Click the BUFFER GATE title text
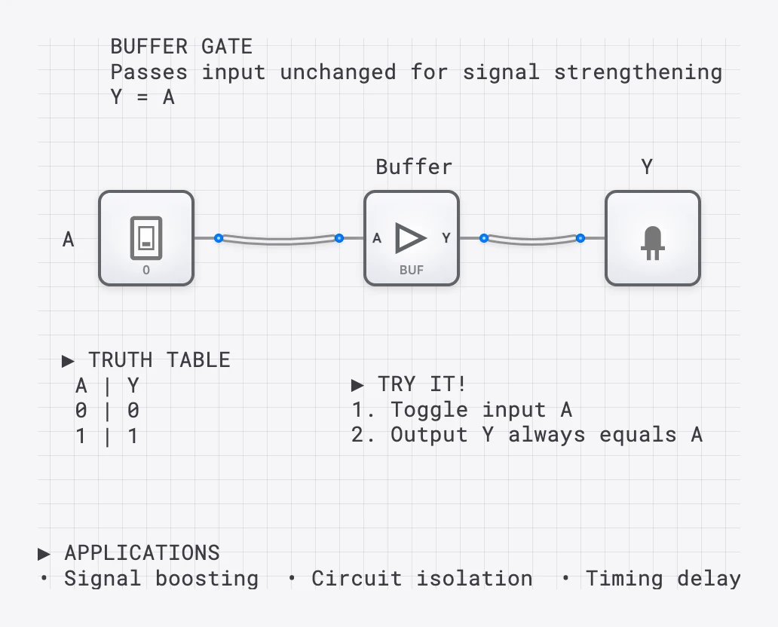[x=181, y=47]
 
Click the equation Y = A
[x=142, y=97]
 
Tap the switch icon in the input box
[x=146, y=234]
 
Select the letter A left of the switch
[x=69, y=240]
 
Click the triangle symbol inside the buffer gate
[x=410, y=237]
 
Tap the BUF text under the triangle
[x=412, y=270]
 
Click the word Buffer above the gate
[x=414, y=167]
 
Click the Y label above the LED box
[x=647, y=167]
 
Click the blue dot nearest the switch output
[x=218, y=238]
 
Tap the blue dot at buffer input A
[x=339, y=238]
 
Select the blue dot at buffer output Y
[x=484, y=238]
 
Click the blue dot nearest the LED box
[x=580, y=238]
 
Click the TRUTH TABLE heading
[x=158, y=359]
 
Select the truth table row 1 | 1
[x=106, y=436]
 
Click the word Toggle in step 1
[x=430, y=410]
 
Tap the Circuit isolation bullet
[x=421, y=579]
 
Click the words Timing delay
[x=663, y=579]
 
